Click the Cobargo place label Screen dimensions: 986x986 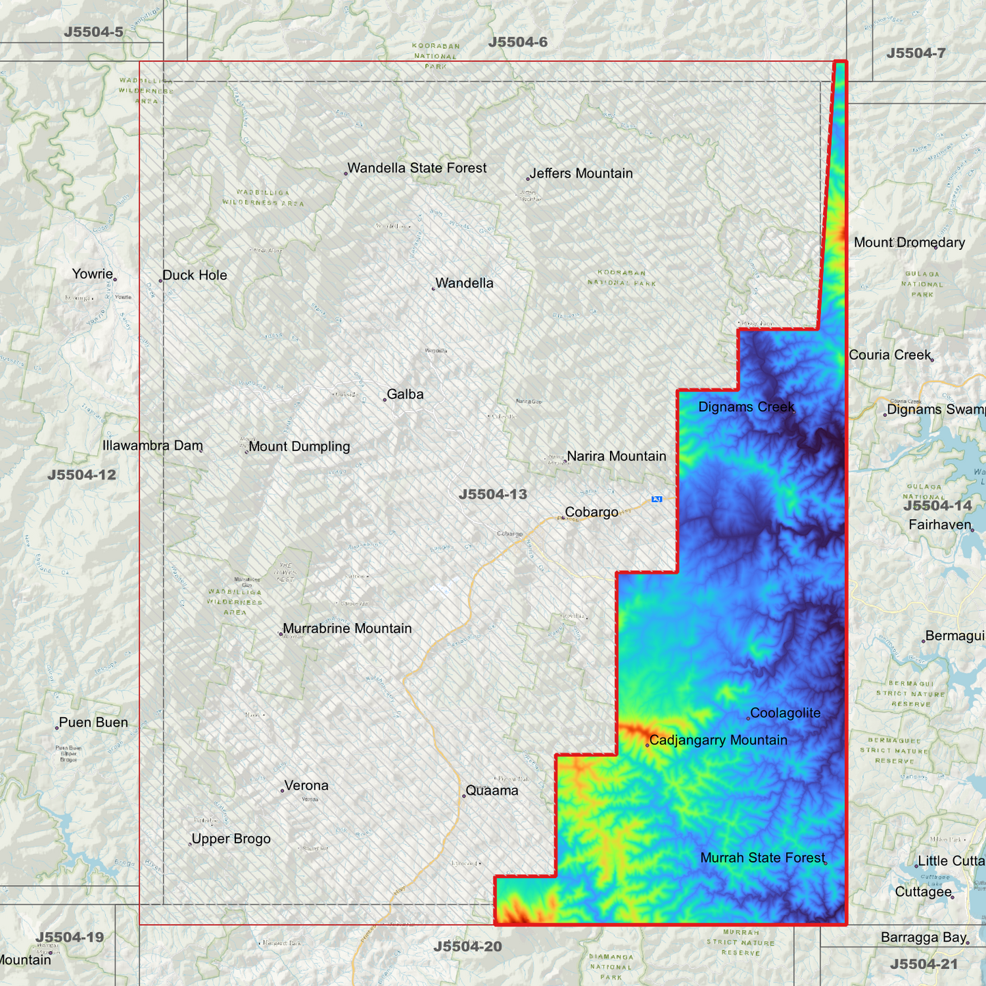tap(591, 512)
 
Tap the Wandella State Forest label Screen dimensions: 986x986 tap(417, 168)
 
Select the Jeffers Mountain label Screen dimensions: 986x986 tap(581, 173)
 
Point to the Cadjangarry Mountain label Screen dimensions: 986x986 tap(718, 740)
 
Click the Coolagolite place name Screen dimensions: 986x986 tap(785, 713)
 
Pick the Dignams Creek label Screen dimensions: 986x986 tap(746, 407)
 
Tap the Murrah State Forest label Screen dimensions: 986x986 tap(762, 858)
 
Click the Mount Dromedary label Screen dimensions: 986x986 tap(909, 242)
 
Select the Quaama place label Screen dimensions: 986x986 tap(492, 790)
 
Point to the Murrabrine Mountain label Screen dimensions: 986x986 tap(347, 628)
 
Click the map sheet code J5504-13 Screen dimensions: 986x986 tap(493, 494)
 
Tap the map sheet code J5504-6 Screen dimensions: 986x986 tap(518, 42)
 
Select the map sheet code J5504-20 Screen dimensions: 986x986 tap(467, 946)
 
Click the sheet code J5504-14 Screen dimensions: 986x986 tap(937, 506)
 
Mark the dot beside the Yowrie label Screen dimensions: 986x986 tap(115, 279)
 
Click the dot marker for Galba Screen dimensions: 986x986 tap(385, 399)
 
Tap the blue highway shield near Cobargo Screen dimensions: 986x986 tap(656, 499)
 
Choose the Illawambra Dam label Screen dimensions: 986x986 tap(152, 446)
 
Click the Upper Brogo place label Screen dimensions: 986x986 tap(231, 839)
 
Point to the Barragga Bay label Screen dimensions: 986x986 tap(923, 937)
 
